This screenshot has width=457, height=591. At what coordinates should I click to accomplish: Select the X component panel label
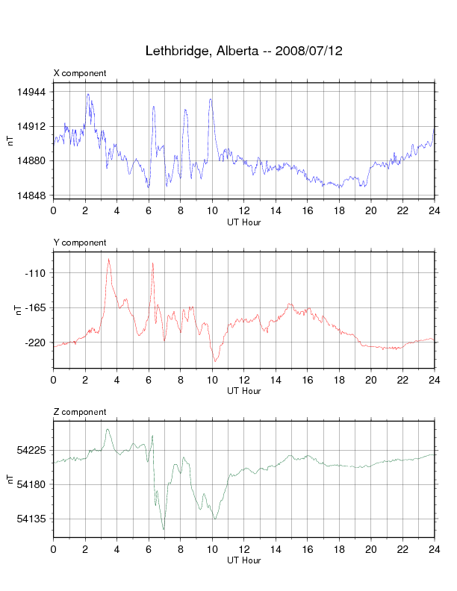(80, 73)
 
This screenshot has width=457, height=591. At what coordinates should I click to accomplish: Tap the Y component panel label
(80, 243)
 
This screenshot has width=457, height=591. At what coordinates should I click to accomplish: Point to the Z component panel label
(80, 412)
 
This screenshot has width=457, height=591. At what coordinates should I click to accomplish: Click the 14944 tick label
(31, 92)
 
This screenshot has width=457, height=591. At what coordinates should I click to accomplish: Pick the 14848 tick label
(31, 196)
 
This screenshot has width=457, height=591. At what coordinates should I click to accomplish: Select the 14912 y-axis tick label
(31, 126)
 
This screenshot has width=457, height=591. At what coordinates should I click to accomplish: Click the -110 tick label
(35, 273)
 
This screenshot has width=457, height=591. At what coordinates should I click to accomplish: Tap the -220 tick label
(35, 343)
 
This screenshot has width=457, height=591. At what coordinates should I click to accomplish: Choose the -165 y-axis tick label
(35, 307)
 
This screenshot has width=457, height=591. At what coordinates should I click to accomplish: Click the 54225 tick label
(31, 450)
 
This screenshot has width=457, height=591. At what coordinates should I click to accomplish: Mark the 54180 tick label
(31, 484)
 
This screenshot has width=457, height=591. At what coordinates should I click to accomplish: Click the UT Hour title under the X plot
(243, 222)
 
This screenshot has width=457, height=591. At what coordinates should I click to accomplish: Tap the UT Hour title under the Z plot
(243, 560)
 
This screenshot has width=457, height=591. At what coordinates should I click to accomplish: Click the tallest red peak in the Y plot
(109, 260)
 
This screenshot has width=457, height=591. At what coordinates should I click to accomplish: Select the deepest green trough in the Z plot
(164, 529)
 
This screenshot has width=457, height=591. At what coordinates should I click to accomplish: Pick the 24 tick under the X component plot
(434, 211)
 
